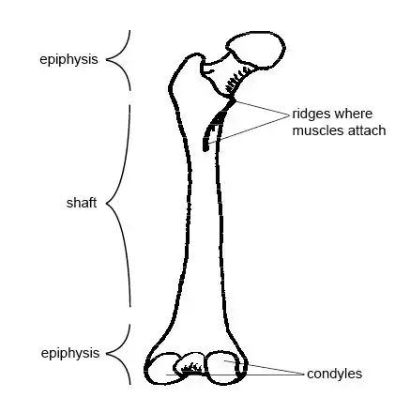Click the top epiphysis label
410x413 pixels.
point(68,59)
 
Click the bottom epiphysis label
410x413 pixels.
point(70,353)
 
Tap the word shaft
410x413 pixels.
point(82,203)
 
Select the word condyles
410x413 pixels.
point(334,374)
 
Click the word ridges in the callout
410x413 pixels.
point(311,115)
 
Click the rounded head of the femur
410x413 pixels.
point(256,50)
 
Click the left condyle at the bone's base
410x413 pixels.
point(161,370)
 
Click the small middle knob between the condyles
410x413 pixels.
point(190,364)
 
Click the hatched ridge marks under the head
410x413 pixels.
point(236,81)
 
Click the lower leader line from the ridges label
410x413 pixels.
point(249,130)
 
